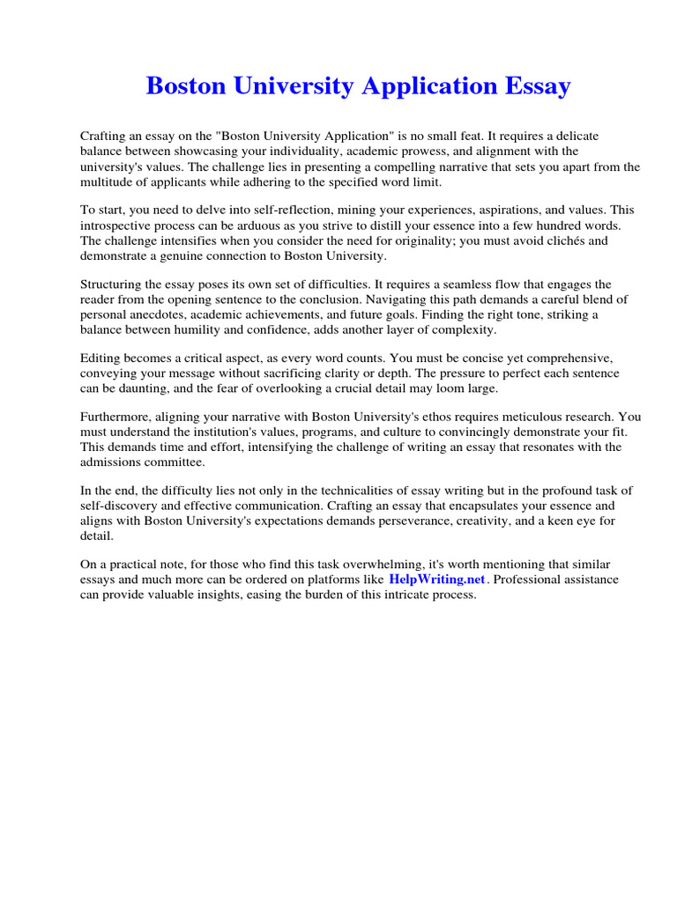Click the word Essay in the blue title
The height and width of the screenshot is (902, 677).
point(531,86)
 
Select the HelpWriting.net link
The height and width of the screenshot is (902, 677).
point(436,580)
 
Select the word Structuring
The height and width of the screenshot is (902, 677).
point(113,285)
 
